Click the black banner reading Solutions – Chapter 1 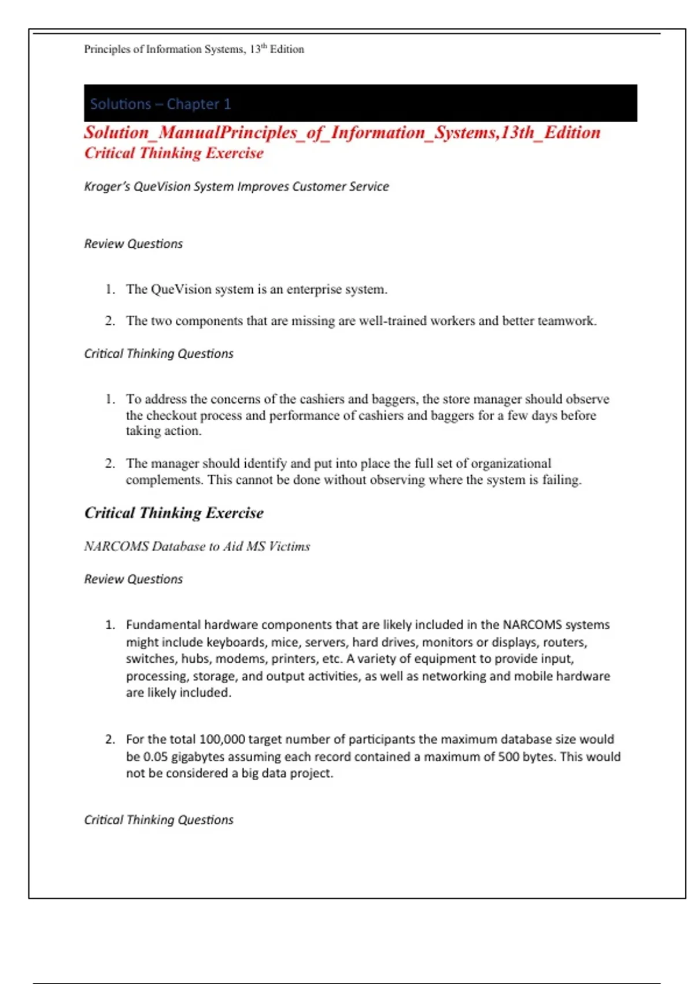pyautogui.click(x=360, y=103)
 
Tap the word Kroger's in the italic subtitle pyautogui.click(x=108, y=186)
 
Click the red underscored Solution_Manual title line pyautogui.click(x=342, y=133)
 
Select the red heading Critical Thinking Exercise pyautogui.click(x=173, y=153)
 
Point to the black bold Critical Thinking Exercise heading pyautogui.click(x=173, y=513)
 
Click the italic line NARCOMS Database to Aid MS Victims pyautogui.click(x=197, y=546)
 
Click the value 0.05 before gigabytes pyautogui.click(x=156, y=757)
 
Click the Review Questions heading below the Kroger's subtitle pyautogui.click(x=133, y=244)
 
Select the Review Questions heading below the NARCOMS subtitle pyautogui.click(x=133, y=579)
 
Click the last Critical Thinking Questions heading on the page pyautogui.click(x=158, y=820)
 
